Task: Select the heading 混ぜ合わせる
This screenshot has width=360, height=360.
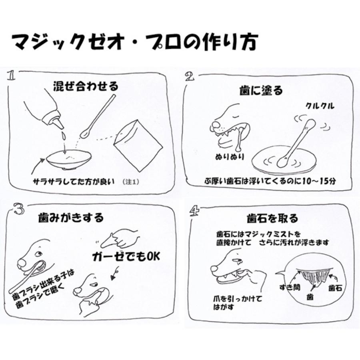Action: click(86, 86)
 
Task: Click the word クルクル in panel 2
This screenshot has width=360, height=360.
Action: click(320, 106)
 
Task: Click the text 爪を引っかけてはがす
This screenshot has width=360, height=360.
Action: click(235, 303)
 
